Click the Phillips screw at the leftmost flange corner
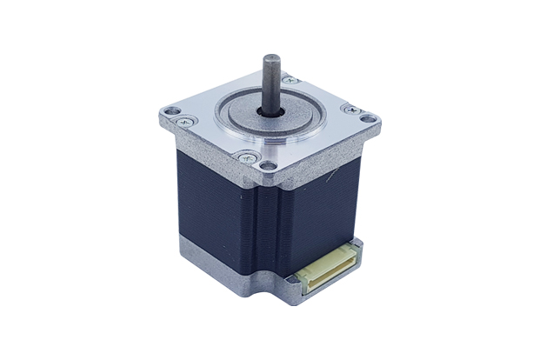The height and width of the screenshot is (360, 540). [x=186, y=121]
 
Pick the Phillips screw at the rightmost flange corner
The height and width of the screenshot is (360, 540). [x=351, y=110]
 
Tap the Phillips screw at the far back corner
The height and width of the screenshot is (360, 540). [x=290, y=80]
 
